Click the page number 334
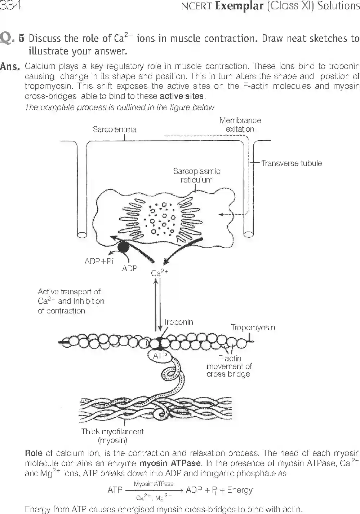click(10, 6)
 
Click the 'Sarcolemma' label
click(115, 129)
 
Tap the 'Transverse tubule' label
click(292, 163)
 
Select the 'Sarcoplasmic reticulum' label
click(196, 175)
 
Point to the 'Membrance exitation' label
click(240, 125)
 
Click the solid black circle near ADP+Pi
click(124, 247)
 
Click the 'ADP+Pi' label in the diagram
click(99, 261)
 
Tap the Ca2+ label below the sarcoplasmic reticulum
click(159, 273)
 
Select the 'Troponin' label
click(178, 322)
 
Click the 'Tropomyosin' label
click(253, 328)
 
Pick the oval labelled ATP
click(160, 356)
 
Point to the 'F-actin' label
click(230, 358)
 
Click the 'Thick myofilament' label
click(112, 432)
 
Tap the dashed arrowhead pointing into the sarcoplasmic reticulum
click(221, 214)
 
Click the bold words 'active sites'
click(182, 96)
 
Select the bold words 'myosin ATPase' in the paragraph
click(170, 464)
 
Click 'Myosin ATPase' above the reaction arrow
click(154, 484)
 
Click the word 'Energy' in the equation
click(240, 490)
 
